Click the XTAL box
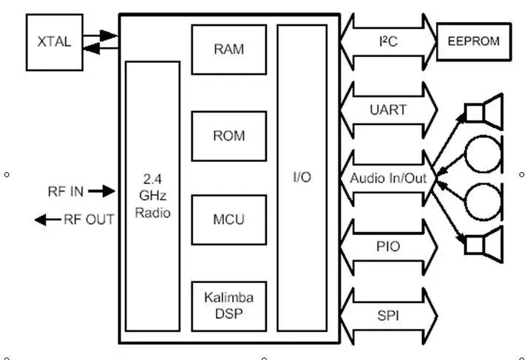point(55,42)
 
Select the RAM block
point(229,50)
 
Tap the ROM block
point(229,136)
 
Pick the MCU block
point(229,220)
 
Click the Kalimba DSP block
point(229,307)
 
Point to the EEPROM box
point(474,41)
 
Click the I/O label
point(302,177)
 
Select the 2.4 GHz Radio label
point(152,196)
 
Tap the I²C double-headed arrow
point(388,41)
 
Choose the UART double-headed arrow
point(388,110)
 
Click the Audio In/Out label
point(388,178)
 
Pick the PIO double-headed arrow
point(388,247)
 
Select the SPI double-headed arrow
point(388,316)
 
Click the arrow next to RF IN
point(101,191)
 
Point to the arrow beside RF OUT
point(48,220)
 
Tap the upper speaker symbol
point(484,112)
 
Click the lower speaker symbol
point(484,245)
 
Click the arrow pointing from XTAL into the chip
point(101,35)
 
